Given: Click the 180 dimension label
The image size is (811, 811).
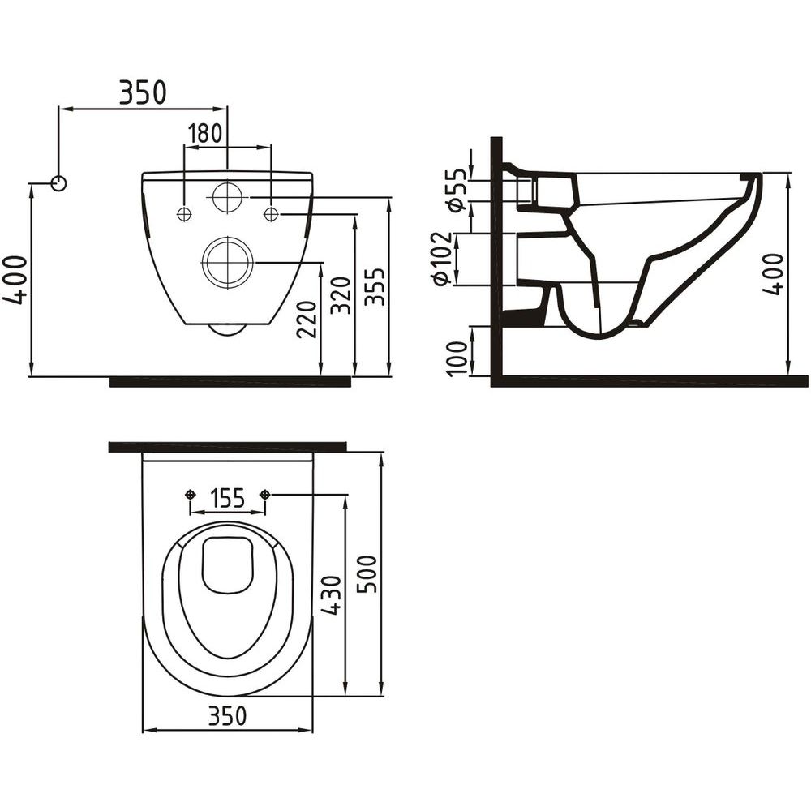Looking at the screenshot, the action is [204, 134].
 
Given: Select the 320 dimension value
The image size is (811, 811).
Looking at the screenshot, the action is [341, 296].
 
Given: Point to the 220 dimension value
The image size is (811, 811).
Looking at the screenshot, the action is [307, 320].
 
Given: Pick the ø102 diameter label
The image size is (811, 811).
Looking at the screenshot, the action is [441, 258].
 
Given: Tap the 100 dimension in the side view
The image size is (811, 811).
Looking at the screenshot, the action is [457, 358].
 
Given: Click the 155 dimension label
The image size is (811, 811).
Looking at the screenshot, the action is [228, 498].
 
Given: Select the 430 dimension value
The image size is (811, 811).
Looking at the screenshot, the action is [331, 595].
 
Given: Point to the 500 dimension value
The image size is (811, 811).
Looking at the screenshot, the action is [367, 574].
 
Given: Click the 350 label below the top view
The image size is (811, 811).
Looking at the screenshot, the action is [228, 716].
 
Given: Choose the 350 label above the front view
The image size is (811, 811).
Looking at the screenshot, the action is [143, 92].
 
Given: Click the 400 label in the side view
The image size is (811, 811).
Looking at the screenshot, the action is [774, 274].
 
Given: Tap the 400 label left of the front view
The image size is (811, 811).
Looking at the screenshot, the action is [15, 280].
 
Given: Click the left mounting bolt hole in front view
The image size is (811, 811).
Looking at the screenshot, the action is [184, 214].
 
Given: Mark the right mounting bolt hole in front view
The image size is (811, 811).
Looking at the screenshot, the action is [271, 214].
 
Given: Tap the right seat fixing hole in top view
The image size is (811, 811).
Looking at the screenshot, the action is [265, 495].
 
